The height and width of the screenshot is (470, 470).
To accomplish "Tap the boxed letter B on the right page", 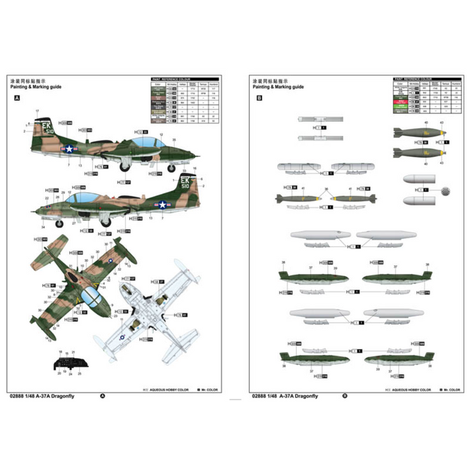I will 259,97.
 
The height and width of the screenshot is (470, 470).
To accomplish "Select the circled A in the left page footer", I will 103,396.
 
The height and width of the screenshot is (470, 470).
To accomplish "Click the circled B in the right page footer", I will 344,396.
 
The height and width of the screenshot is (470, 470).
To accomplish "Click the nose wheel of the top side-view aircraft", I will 171,168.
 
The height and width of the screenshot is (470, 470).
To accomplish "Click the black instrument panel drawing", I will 70,365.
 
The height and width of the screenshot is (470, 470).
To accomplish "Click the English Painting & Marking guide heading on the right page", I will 278,87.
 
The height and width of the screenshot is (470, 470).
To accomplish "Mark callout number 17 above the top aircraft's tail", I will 38,110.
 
